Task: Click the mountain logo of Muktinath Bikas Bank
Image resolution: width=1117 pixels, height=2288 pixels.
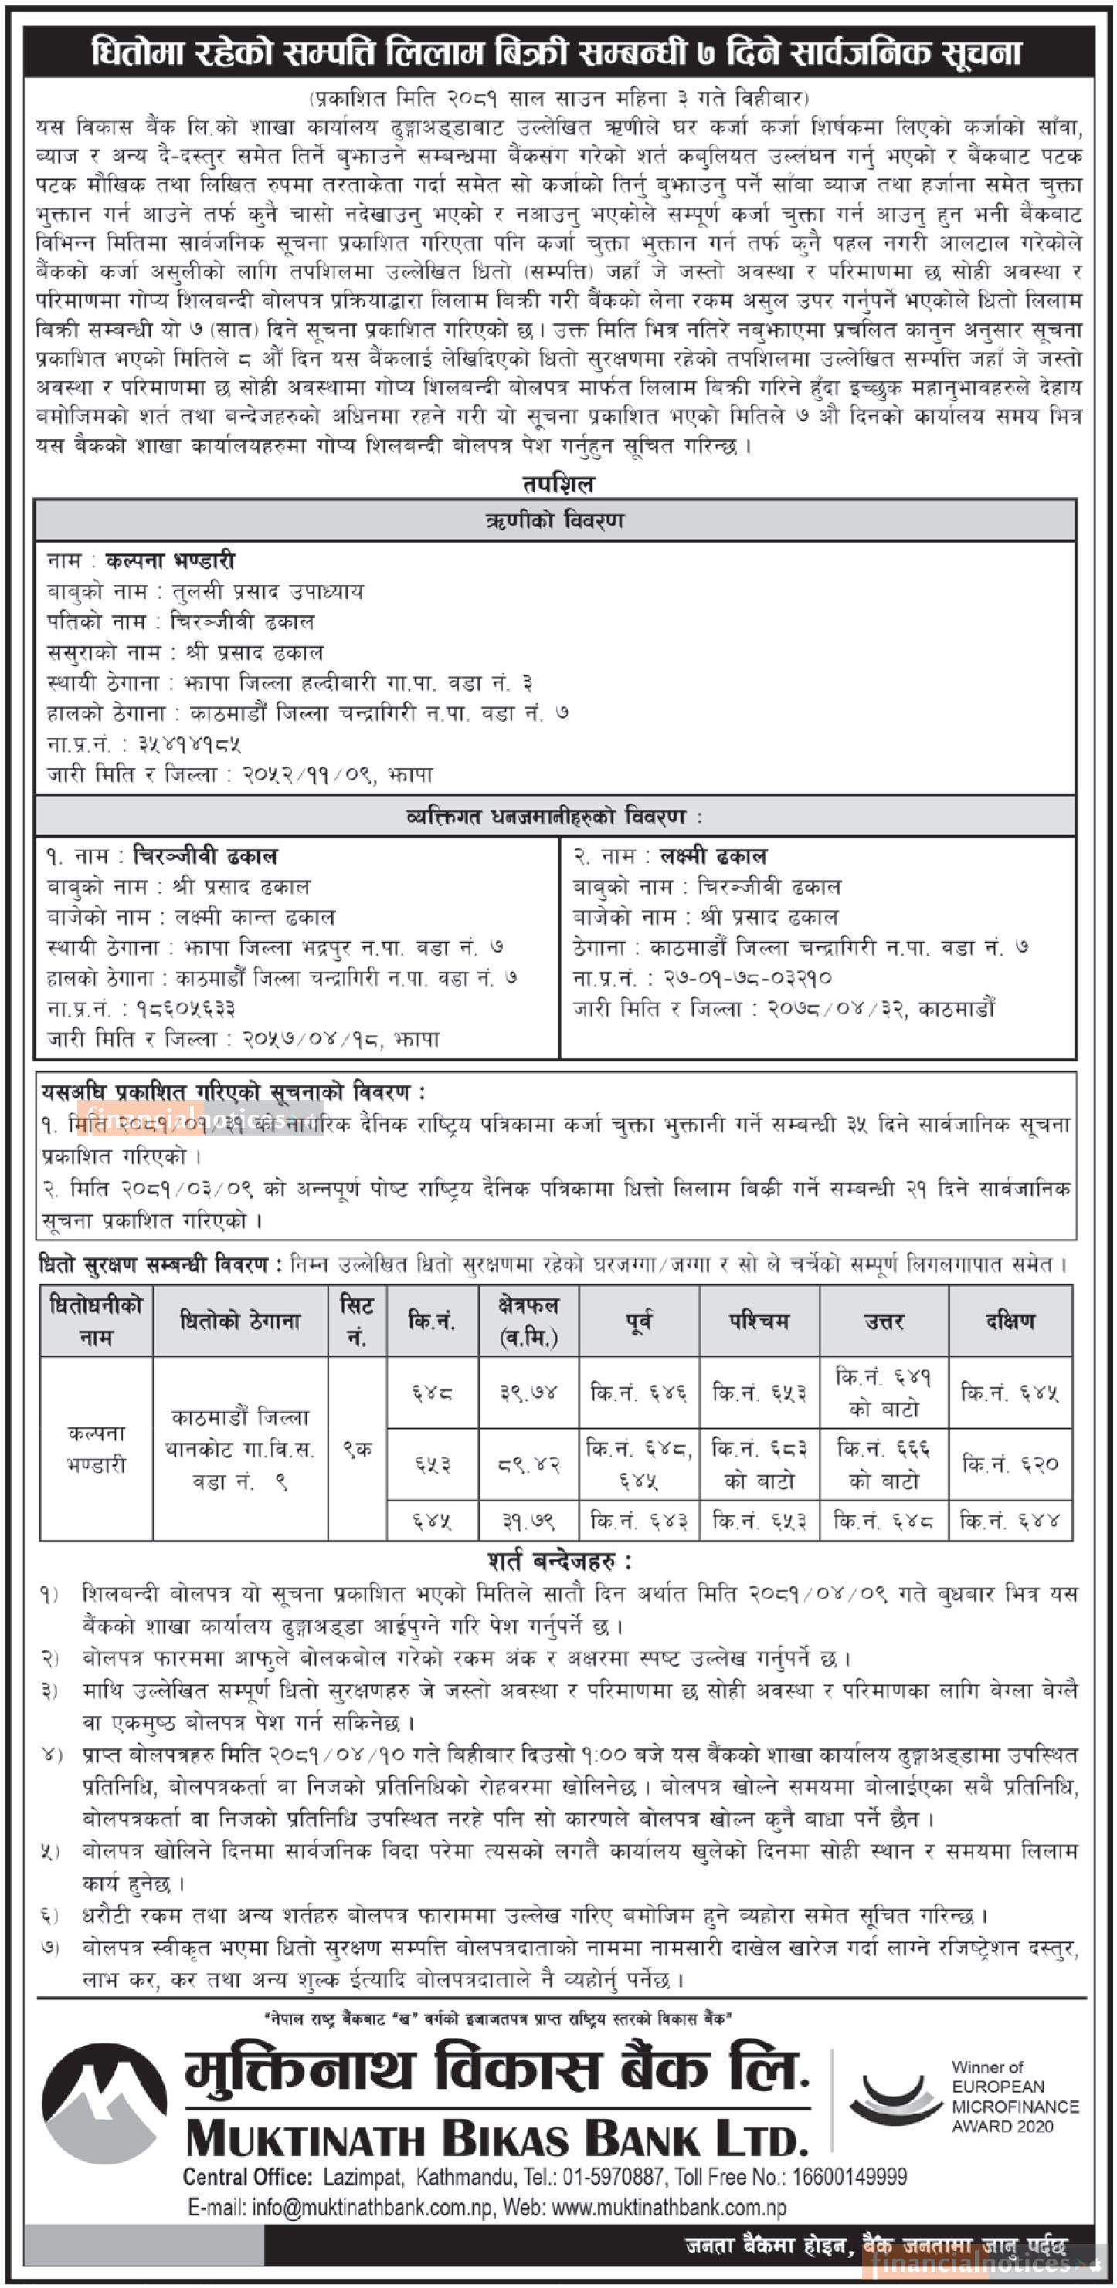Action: click(x=105, y=2107)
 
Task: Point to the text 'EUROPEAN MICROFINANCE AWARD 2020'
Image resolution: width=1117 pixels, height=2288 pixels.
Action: click(x=1015, y=2106)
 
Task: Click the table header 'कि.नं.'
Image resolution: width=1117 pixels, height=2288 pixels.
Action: click(x=431, y=1321)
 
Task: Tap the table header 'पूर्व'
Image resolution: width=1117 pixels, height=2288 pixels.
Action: click(x=639, y=1321)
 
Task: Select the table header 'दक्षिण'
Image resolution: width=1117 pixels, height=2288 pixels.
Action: click(x=1010, y=1321)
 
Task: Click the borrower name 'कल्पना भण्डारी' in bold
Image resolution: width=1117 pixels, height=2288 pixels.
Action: click(x=170, y=560)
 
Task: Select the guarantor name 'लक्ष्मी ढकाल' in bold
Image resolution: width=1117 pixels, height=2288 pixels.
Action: click(x=713, y=856)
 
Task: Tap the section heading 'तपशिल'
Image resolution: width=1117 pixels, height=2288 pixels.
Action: click(x=558, y=483)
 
